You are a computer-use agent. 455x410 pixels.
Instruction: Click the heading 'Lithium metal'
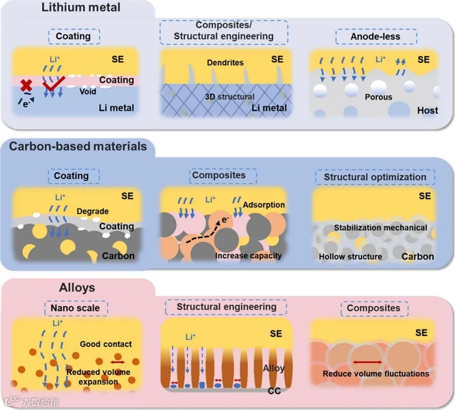point(81,7)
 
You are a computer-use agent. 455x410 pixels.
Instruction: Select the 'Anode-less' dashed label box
point(375,37)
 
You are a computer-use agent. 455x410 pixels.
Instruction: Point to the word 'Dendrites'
point(225,62)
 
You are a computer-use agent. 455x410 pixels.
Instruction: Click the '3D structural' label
point(230,97)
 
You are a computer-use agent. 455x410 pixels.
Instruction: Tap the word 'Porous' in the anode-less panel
point(378,97)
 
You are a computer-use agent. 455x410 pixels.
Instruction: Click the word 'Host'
point(427,110)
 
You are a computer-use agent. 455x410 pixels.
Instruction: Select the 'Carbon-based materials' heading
point(78,146)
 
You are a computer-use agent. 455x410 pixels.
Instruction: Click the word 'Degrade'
point(92,211)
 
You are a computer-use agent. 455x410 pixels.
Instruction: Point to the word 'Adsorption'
point(264,205)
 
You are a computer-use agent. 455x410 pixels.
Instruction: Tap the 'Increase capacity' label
point(248,256)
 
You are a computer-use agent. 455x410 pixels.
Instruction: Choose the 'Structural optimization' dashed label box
point(375,177)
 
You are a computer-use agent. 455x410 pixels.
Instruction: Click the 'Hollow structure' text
point(350,256)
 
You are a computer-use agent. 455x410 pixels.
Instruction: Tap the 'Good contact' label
point(106,344)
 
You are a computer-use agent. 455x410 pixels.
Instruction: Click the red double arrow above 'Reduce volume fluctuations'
point(367,362)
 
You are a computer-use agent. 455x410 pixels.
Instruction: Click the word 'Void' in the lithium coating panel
point(88,92)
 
